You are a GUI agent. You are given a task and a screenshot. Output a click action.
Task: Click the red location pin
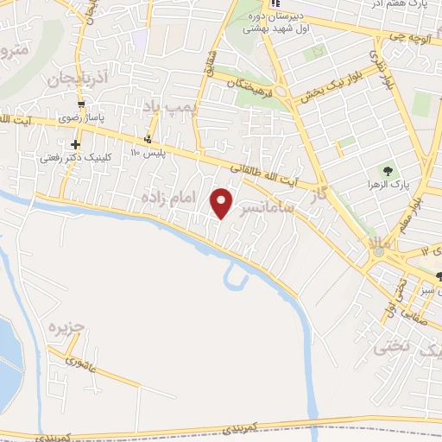point(223,203)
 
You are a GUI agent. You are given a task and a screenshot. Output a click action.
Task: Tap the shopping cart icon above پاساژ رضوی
point(80,104)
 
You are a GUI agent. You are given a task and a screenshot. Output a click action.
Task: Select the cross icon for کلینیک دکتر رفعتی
point(77,144)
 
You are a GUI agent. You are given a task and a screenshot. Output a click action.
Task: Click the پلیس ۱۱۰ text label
point(147,153)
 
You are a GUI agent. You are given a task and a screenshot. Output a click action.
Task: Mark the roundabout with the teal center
point(377,250)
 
